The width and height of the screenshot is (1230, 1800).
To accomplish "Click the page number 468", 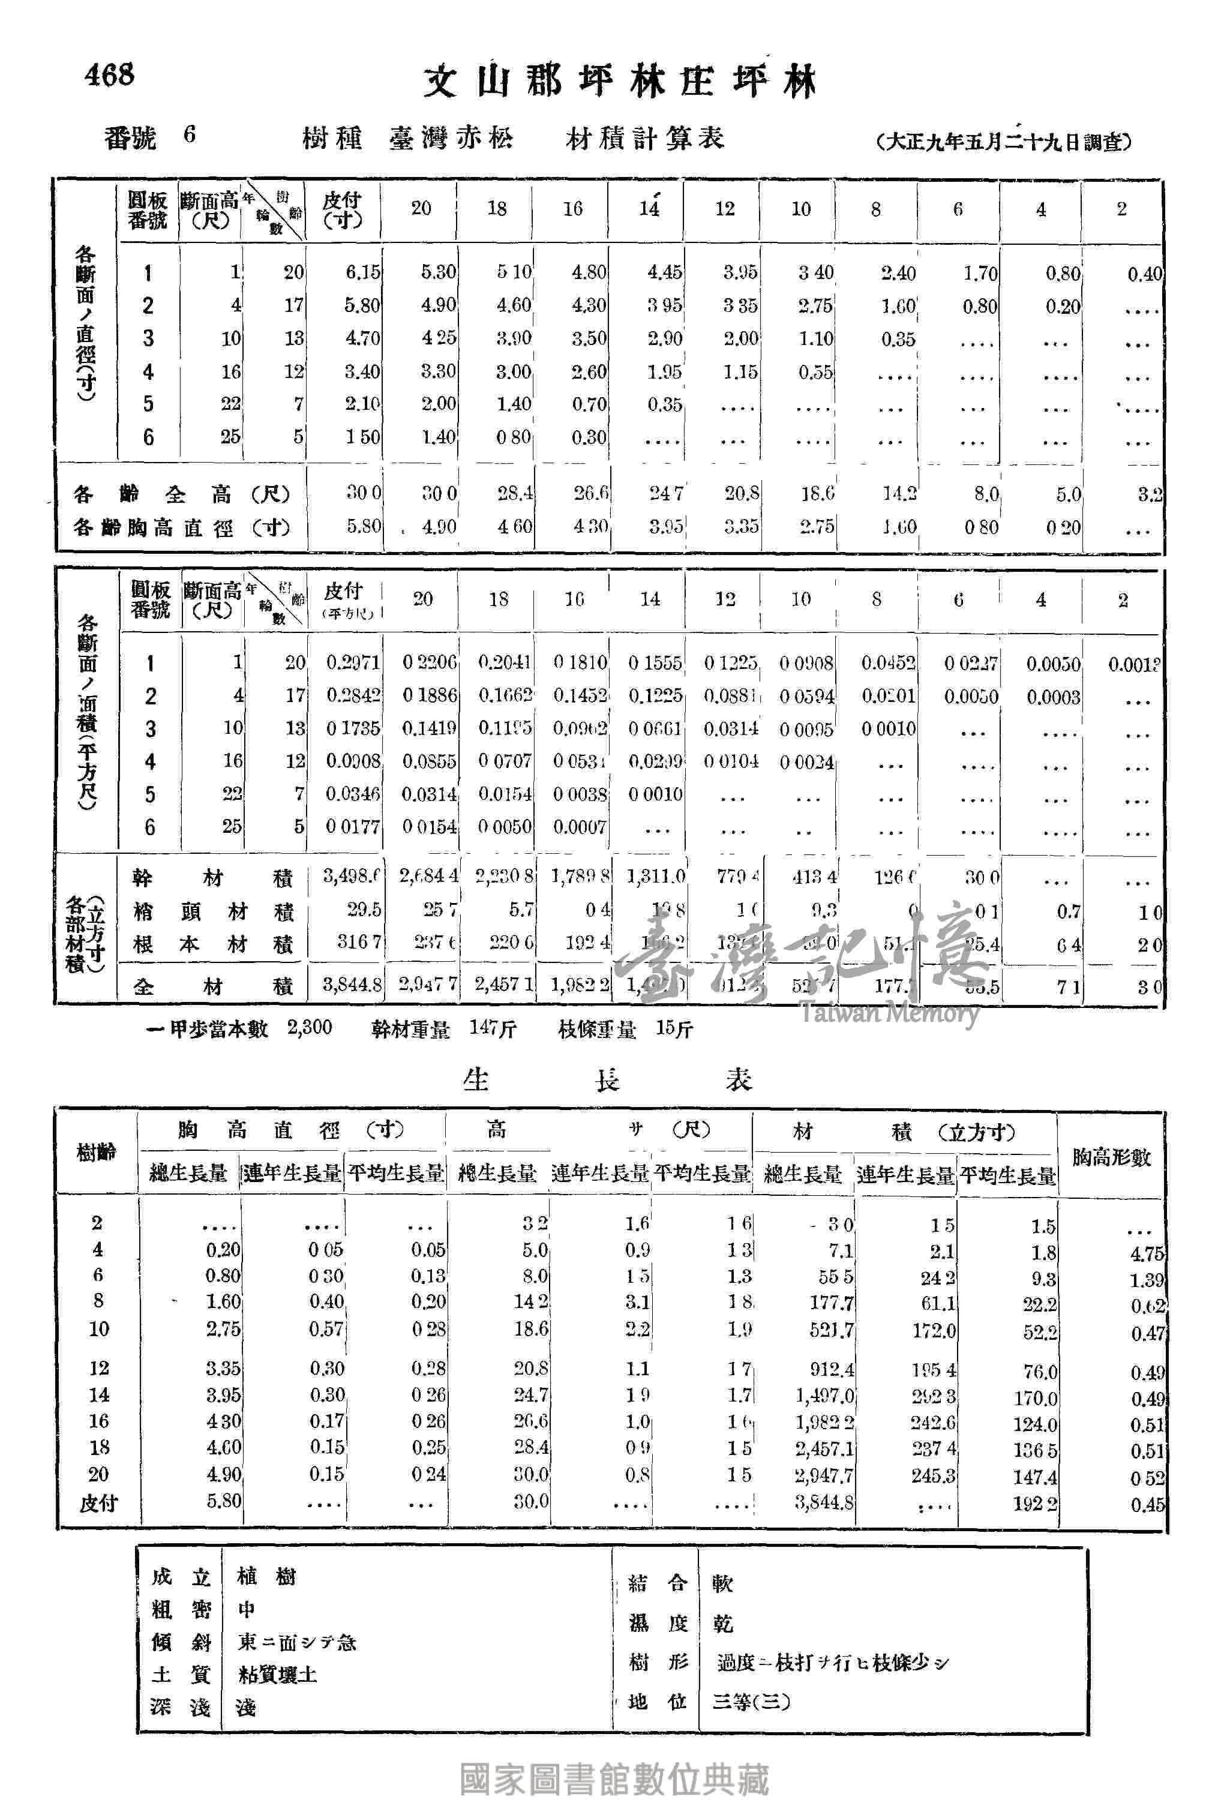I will (109, 74).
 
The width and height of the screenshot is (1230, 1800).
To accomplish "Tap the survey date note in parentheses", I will (1004, 142).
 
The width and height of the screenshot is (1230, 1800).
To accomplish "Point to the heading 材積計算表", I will (645, 139).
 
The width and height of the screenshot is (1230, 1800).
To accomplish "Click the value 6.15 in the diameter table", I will (362, 272).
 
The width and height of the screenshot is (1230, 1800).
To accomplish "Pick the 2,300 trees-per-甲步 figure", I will (309, 1028).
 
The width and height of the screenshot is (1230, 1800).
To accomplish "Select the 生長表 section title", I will (608, 1079).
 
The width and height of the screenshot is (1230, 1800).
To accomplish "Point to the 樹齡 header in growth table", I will (96, 1153).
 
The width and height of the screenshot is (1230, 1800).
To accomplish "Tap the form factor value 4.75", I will (1147, 1254).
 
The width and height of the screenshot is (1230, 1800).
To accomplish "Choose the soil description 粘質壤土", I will (277, 1675).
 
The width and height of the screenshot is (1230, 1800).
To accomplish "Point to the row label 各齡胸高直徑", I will (181, 527).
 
